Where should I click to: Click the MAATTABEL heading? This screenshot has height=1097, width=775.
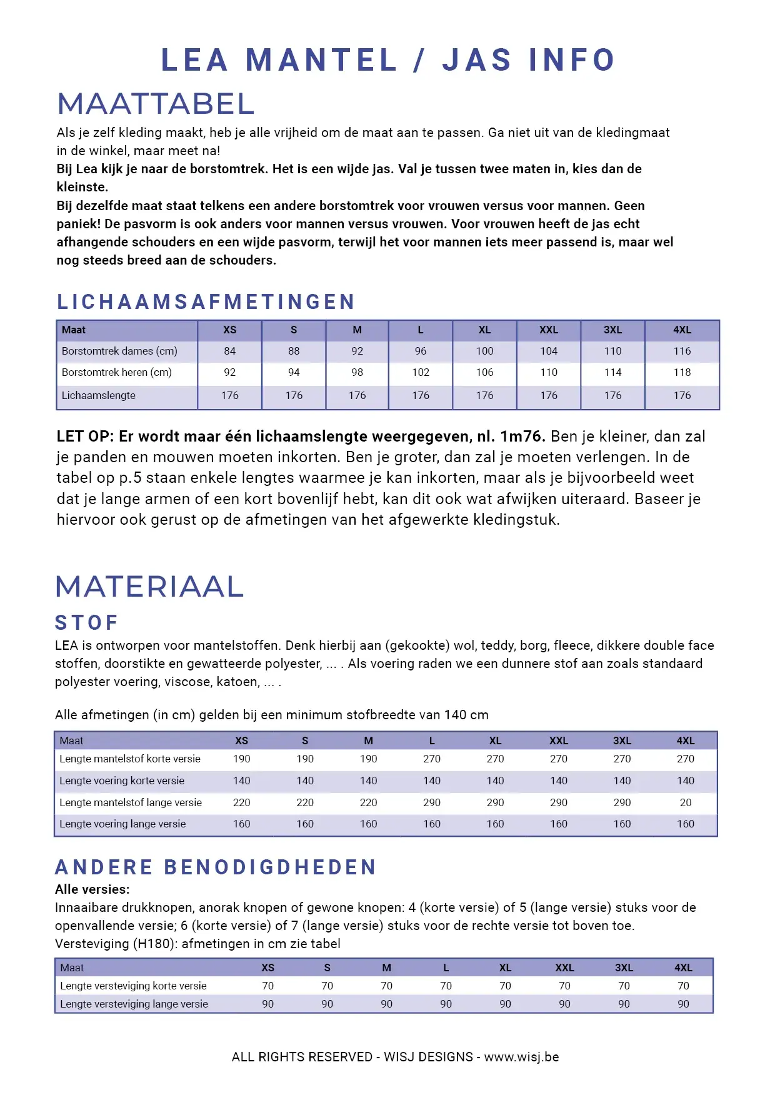[x=156, y=104]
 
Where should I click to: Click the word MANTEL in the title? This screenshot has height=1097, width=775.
[x=321, y=61]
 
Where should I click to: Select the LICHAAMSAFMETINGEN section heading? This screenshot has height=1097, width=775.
[x=206, y=302]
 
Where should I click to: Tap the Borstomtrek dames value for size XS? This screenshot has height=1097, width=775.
[x=230, y=351]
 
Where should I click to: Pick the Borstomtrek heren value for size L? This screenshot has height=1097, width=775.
[x=421, y=373]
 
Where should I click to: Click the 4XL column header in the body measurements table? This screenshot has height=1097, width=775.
[x=682, y=330]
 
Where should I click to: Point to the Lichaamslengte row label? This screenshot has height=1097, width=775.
[x=98, y=396]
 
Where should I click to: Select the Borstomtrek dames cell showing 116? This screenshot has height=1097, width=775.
[x=682, y=351]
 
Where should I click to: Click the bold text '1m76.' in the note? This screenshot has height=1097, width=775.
[x=522, y=437]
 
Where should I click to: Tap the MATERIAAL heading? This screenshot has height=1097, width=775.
[x=149, y=587]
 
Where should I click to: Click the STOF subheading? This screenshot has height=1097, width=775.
[x=87, y=623]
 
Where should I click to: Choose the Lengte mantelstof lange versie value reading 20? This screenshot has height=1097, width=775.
[x=686, y=802]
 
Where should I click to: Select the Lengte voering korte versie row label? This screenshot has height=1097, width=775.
[x=122, y=781]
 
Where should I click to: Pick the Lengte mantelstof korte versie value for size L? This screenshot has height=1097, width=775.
[x=432, y=759]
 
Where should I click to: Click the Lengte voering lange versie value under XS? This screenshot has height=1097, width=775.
[x=242, y=824]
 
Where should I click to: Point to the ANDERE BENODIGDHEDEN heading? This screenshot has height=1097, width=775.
[x=216, y=867]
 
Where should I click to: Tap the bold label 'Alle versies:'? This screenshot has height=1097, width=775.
[x=92, y=889]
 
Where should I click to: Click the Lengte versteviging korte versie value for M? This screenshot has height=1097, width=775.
[x=386, y=986]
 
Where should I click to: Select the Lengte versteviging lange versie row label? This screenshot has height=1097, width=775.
[x=134, y=1004]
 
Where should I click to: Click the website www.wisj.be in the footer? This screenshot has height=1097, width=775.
[x=521, y=1057]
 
